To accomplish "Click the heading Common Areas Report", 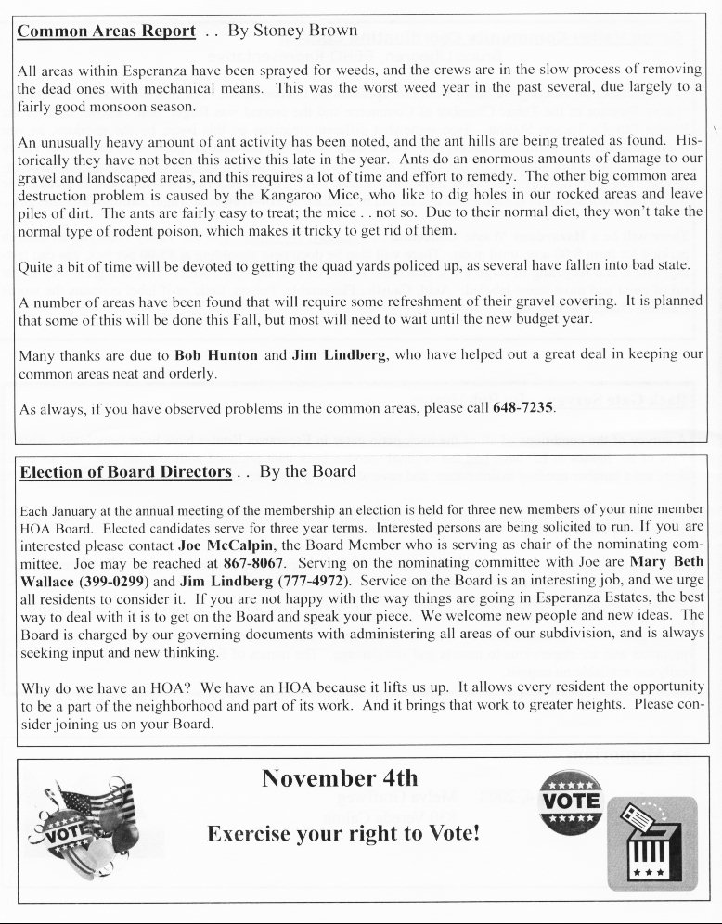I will tap(107, 31).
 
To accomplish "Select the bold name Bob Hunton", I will tap(215, 354).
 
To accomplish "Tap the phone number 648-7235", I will tap(523, 408).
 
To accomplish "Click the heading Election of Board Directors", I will tap(125, 472).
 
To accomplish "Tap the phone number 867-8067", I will tap(254, 564).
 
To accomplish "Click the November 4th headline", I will tap(340, 777).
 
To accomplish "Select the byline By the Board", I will tap(308, 471).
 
